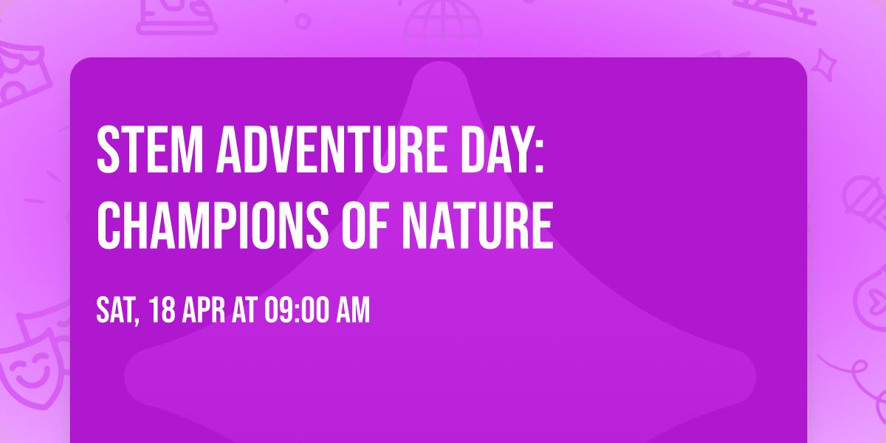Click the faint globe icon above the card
(x=441, y=22)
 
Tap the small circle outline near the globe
(x=303, y=21)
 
